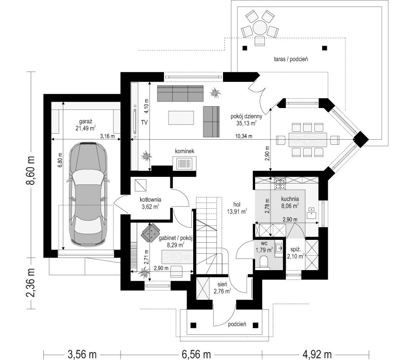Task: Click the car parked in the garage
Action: (88, 194)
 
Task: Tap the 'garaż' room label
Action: (86, 121)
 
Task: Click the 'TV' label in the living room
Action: (144, 122)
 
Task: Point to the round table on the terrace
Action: (259, 27)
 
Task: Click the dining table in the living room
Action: (308, 140)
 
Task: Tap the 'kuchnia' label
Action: (290, 199)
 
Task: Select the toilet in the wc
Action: (264, 261)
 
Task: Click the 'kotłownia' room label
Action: (150, 200)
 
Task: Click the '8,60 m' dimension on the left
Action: (32, 170)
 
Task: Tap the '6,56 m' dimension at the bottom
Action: (196, 354)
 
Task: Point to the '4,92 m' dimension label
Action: (317, 354)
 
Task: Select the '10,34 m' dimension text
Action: (243, 136)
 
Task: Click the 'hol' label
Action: (237, 204)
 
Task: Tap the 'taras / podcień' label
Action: (291, 59)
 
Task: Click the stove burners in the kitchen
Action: (280, 183)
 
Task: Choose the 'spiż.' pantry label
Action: (296, 250)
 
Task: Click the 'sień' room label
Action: (223, 285)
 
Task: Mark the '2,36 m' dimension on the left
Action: (32, 283)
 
